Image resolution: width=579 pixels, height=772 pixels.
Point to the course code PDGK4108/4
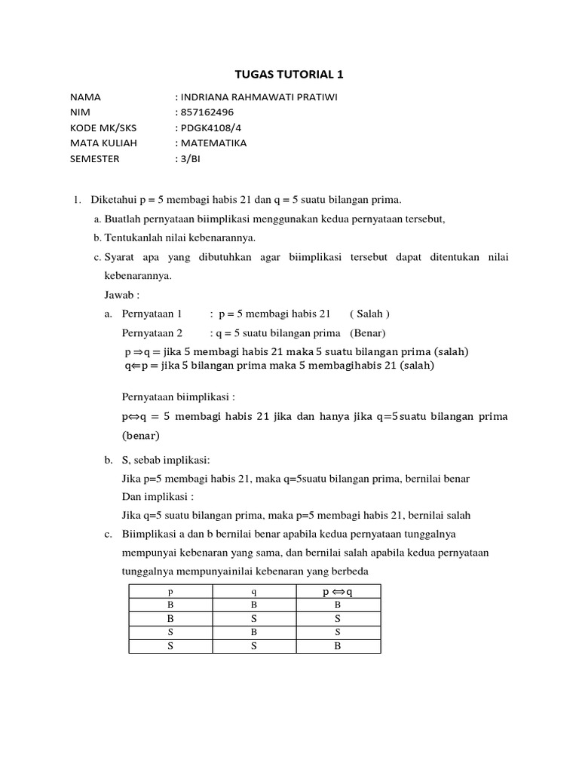pos(209,127)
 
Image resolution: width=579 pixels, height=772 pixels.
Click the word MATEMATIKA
pos(213,143)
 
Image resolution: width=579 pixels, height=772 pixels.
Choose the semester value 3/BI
pos(191,158)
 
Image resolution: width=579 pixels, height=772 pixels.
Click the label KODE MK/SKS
pos(99,127)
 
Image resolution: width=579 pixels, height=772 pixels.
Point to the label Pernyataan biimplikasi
pos(178,397)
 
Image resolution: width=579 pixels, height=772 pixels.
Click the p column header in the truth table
pos(170,591)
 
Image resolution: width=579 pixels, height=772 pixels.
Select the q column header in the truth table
pos(255,591)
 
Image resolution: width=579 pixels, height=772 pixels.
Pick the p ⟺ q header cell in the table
pos(338,591)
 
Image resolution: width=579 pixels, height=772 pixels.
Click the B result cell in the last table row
pos(338,645)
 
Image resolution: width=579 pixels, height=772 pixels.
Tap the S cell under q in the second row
pos(255,618)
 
